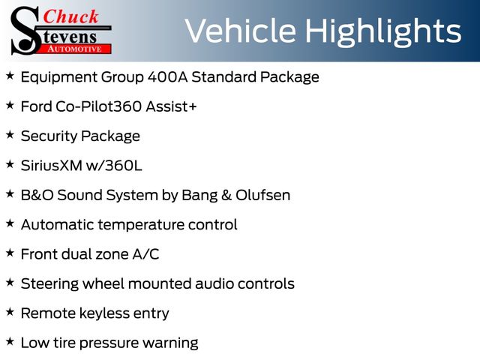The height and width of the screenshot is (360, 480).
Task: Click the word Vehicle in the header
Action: pos(241,31)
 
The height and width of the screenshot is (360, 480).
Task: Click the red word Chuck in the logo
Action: pos(70,16)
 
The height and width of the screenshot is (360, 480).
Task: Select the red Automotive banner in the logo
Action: pos(75,49)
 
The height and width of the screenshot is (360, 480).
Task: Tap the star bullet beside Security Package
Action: pos(10,135)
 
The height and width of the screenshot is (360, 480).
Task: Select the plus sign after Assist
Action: pos(192,106)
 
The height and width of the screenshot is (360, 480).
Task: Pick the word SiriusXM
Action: pos(52,166)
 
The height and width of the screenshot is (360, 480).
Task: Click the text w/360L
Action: pos(114,166)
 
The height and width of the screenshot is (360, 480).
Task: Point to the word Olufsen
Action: pos(263,195)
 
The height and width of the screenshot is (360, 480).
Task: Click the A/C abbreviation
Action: pos(145,254)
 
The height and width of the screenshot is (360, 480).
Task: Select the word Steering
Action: pos(49,284)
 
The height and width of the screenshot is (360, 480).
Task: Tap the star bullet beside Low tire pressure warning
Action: pos(10,342)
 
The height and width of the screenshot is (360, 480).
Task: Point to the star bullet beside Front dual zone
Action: pos(10,253)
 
